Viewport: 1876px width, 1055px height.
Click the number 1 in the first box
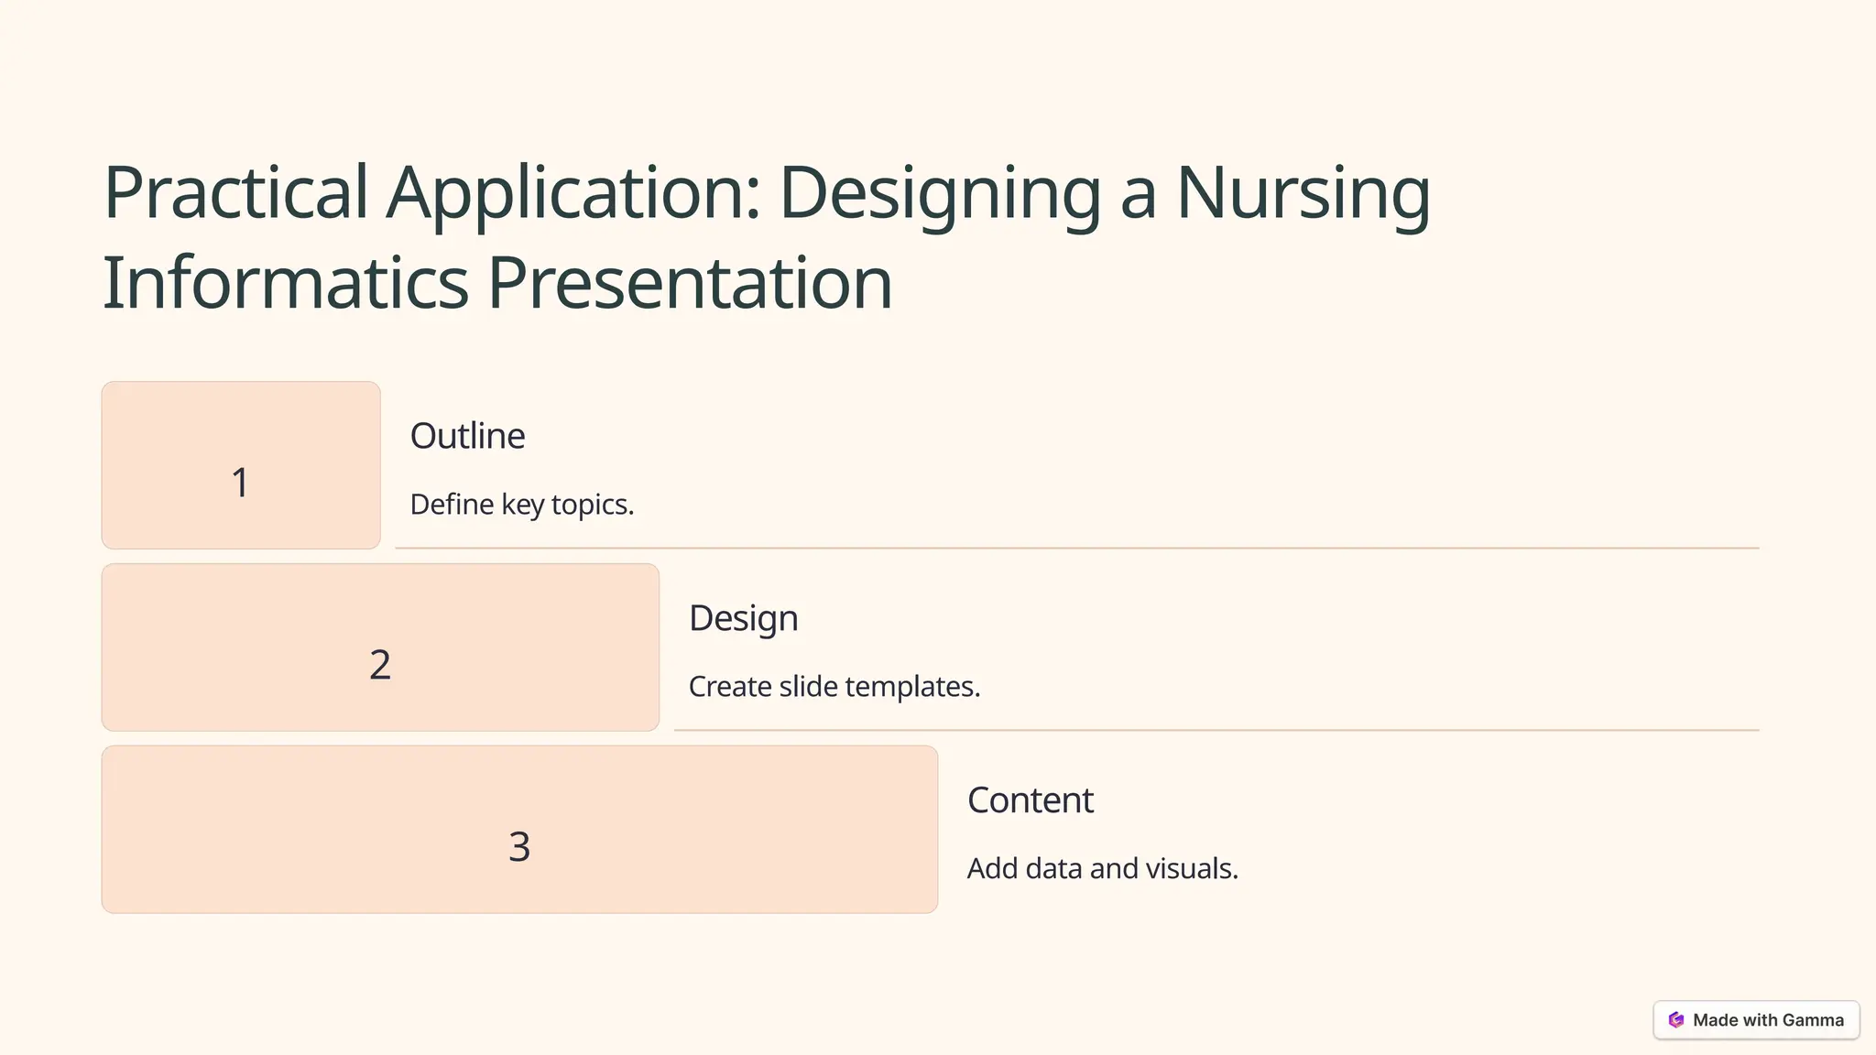[x=240, y=483]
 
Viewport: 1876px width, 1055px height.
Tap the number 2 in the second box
[x=380, y=665]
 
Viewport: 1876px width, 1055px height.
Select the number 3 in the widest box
[x=519, y=847]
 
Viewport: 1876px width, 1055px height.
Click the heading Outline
[x=467, y=436]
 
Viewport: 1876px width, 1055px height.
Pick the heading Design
[x=743, y=618]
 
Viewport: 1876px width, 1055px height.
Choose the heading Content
[x=1030, y=800]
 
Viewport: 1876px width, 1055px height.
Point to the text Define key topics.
[x=521, y=505]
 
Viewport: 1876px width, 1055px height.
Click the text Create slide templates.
[x=834, y=687]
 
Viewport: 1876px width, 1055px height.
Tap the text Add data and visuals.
[x=1102, y=869]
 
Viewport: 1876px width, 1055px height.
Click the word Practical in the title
[x=236, y=192]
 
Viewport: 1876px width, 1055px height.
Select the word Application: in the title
[x=573, y=192]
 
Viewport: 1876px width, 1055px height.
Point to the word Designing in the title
[x=940, y=192]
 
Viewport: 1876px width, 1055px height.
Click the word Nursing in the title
[x=1303, y=192]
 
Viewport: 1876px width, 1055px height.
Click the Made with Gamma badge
[x=1756, y=1020]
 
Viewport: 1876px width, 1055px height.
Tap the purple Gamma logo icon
[x=1676, y=1020]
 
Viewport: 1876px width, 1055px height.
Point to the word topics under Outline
[x=593, y=505]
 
